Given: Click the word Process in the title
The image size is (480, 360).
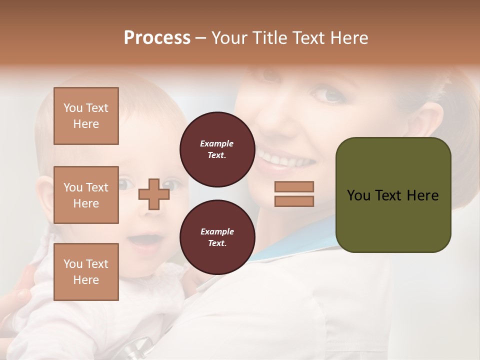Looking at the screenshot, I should [x=157, y=38].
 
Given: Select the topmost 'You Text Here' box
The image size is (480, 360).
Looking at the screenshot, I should [x=86, y=116].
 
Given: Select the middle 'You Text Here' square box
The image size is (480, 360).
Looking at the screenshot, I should [x=86, y=195].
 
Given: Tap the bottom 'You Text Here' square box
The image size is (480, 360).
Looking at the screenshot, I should [x=86, y=272].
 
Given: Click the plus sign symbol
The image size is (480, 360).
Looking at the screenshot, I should [x=153, y=194].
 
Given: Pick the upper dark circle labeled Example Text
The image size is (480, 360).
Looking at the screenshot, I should [x=217, y=149].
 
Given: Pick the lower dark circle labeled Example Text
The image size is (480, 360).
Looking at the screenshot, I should [x=217, y=237].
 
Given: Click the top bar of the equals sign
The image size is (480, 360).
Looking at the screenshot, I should [x=294, y=187].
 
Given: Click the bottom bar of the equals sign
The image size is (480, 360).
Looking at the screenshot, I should [x=294, y=201].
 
